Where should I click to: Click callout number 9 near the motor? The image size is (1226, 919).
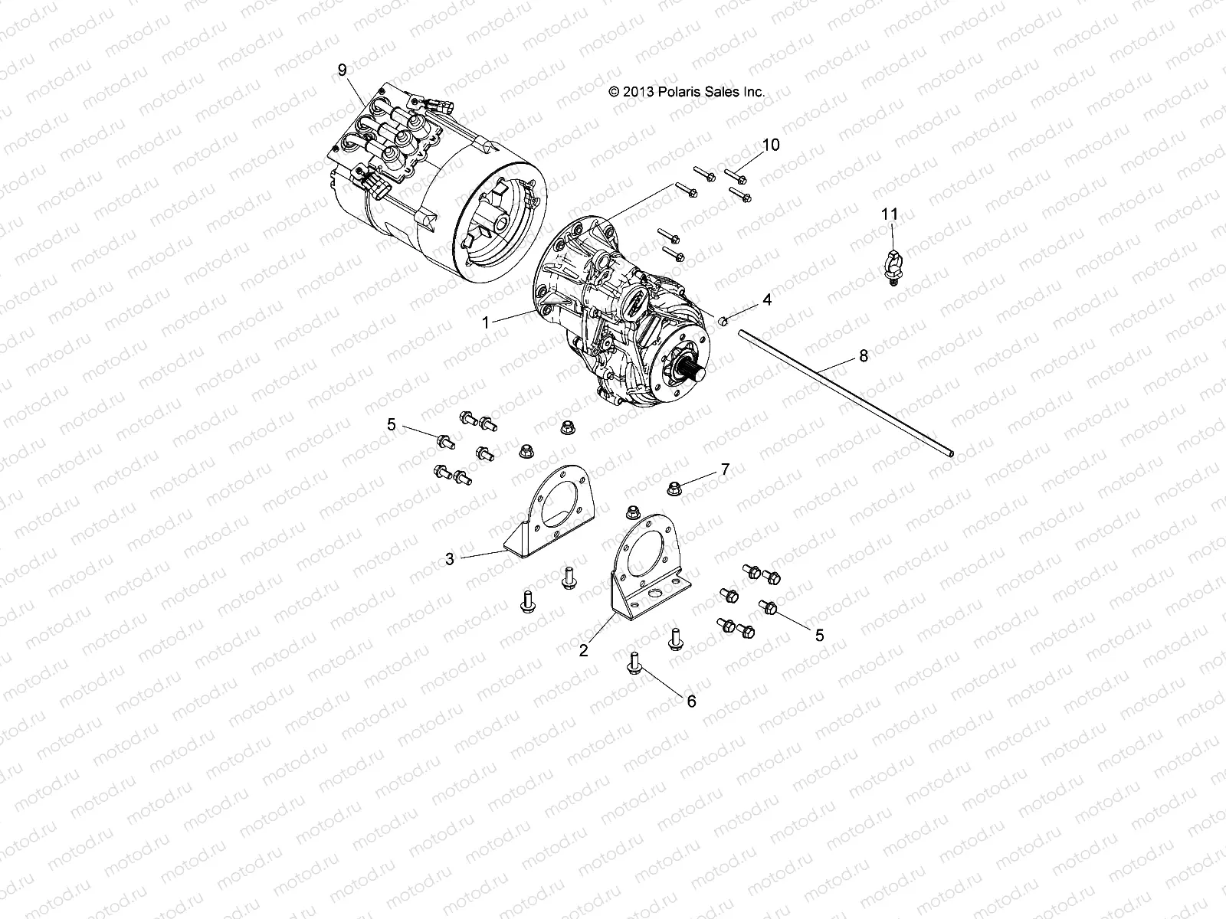click(343, 70)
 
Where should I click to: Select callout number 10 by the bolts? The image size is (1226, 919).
click(770, 145)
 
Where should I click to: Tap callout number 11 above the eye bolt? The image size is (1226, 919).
click(889, 214)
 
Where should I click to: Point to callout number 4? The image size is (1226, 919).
click(766, 299)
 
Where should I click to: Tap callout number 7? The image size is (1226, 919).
click(724, 469)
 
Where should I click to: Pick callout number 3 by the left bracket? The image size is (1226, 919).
click(450, 559)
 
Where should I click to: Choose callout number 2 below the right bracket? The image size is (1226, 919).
click(584, 650)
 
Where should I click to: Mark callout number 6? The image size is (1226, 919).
click(691, 701)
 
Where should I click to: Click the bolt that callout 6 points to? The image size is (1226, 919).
click(634, 662)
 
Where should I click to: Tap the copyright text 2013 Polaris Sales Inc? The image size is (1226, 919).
click(686, 91)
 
